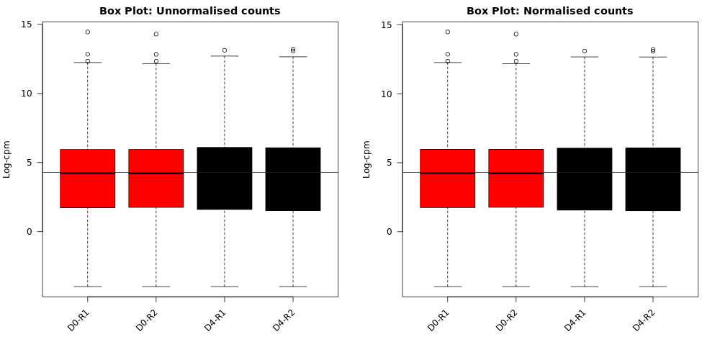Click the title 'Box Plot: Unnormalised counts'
189,11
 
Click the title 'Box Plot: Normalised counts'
549,11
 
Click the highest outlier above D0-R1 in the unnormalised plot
88,32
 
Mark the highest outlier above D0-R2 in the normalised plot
516,34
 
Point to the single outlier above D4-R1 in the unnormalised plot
225,50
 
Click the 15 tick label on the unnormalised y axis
27,24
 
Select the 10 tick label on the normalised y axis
387,94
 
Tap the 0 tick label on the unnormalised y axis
30,231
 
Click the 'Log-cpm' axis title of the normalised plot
366,159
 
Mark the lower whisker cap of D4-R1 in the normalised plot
585,287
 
